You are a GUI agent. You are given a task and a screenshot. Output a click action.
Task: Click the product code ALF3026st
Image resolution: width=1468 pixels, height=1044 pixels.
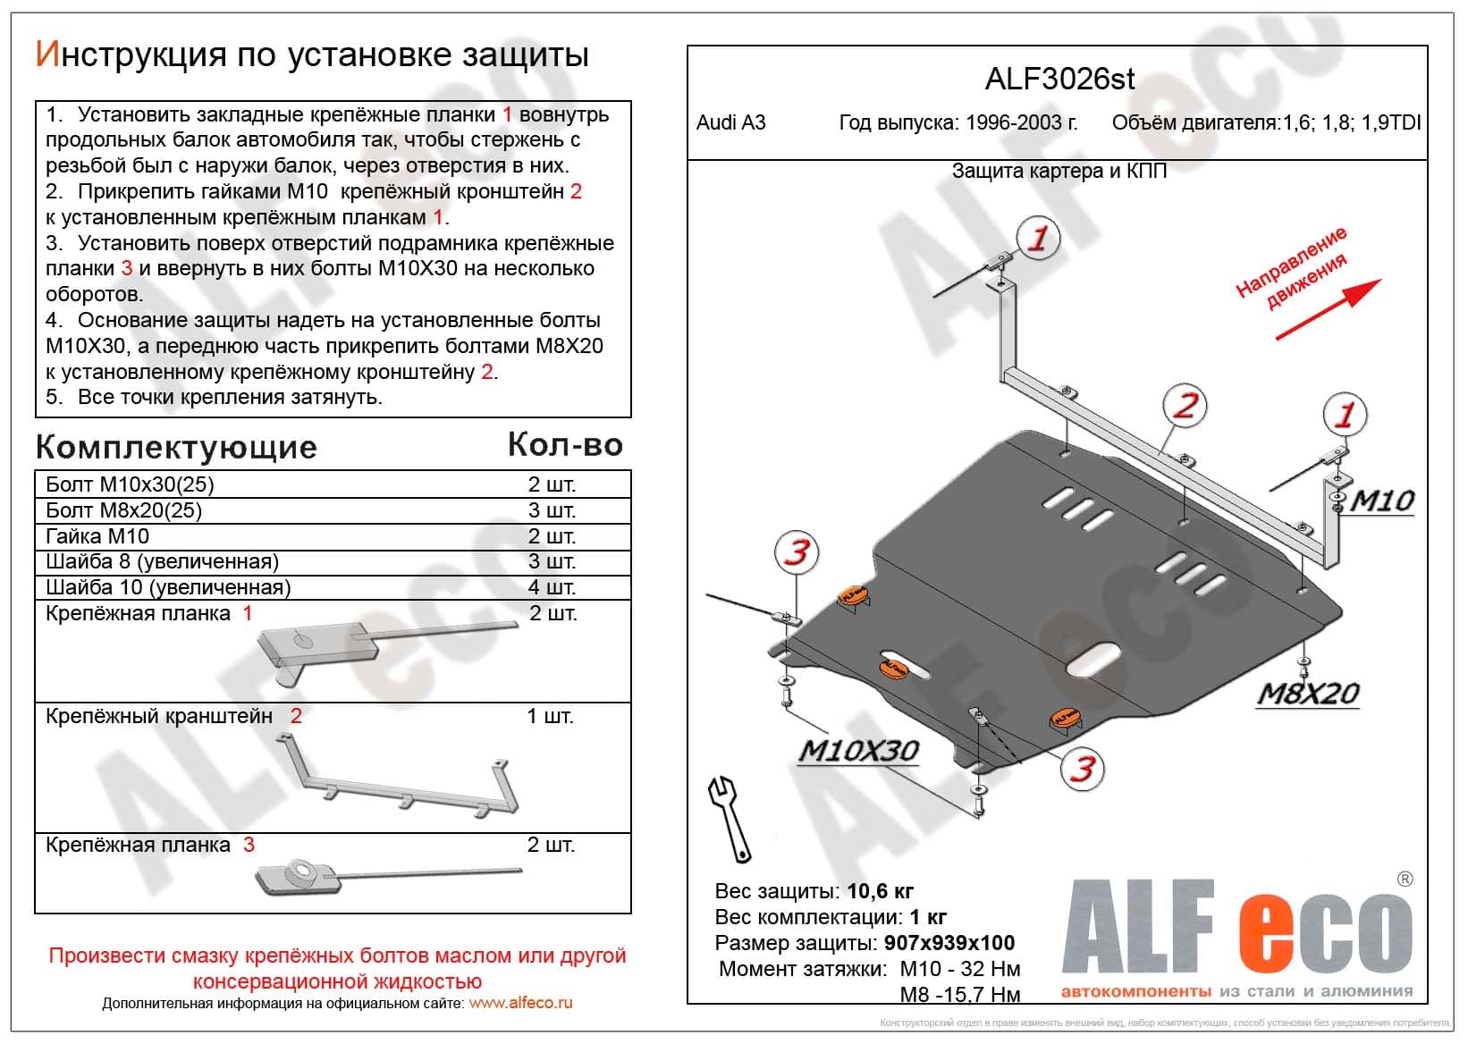[1059, 79]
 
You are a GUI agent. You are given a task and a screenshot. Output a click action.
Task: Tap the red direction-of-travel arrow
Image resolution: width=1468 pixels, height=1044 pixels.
[1328, 309]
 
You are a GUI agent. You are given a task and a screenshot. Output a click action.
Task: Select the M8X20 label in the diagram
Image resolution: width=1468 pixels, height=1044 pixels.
[1308, 694]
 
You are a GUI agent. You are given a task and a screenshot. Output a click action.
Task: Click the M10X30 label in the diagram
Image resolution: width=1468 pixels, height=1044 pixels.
[857, 751]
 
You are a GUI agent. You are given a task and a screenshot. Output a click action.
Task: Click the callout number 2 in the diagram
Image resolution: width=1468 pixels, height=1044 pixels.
[1185, 406]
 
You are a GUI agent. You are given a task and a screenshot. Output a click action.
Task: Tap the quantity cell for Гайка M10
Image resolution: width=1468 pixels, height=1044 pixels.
[551, 536]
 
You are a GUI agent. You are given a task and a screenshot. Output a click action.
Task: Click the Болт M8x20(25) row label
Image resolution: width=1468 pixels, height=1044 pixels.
[123, 510]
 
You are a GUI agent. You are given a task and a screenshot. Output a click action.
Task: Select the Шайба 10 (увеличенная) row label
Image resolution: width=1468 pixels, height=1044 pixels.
[168, 587]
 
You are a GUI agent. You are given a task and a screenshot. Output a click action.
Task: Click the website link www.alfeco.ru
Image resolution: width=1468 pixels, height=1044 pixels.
[520, 1003]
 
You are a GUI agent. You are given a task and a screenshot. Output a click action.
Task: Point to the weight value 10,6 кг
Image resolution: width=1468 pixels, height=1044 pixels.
[880, 891]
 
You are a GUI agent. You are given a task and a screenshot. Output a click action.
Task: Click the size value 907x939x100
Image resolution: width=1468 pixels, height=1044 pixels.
[949, 943]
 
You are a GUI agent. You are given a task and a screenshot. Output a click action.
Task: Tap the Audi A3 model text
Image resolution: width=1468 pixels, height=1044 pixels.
[730, 123]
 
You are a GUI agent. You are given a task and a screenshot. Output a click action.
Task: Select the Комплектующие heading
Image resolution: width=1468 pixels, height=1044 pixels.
[176, 448]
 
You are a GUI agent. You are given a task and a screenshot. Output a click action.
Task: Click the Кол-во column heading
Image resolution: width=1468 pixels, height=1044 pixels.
[565, 445]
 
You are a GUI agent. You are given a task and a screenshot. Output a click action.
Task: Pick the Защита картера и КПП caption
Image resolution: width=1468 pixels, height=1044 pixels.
[1059, 171]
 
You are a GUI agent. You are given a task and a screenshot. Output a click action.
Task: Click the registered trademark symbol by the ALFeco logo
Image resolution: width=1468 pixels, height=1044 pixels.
[1405, 880]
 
